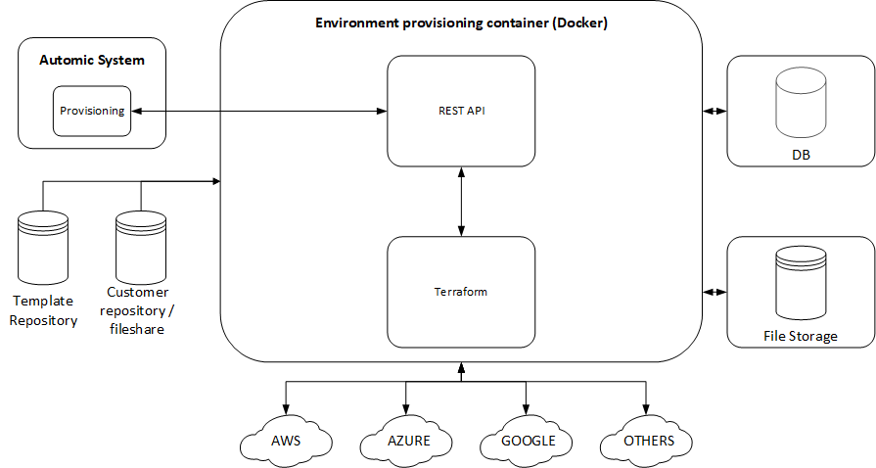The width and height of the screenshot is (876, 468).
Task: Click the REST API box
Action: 461,111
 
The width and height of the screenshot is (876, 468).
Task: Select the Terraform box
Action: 461,292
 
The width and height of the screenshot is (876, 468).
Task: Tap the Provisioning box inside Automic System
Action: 92,112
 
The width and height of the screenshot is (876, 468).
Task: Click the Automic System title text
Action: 92,60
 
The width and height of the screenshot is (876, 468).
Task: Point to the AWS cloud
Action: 285,441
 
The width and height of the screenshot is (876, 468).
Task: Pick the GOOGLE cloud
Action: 528,441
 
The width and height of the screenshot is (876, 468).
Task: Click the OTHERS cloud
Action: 648,441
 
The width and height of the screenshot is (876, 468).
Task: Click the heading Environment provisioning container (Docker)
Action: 461,23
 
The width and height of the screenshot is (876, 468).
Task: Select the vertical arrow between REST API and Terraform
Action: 461,201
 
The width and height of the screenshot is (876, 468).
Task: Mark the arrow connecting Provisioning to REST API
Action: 259,112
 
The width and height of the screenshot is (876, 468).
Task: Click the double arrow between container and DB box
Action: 715,111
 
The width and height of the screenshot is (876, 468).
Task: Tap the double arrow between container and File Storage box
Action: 715,292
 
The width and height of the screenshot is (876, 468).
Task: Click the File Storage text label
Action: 800,336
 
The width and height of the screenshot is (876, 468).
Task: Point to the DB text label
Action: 800,155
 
